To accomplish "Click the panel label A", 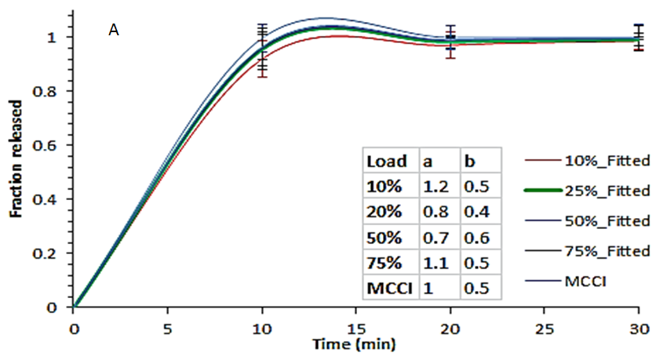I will point(114,30).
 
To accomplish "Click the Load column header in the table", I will point(387,162).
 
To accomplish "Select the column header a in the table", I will point(428,162).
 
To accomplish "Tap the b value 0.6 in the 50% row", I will point(476,238).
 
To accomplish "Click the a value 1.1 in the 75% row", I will point(433,263).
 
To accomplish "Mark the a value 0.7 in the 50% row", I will point(433,238).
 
